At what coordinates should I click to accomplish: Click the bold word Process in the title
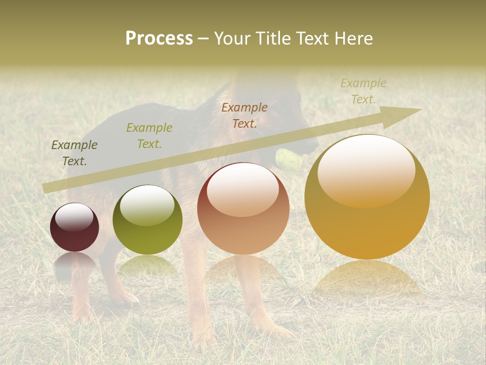tap(159, 38)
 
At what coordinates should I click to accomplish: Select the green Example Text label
tap(149, 136)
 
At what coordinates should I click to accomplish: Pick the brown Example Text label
tap(245, 115)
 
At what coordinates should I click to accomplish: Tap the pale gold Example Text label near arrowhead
tap(363, 91)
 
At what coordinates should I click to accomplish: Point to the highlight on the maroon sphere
tap(74, 217)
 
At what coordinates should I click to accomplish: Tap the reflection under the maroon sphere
tap(74, 264)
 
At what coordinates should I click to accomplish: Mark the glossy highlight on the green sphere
tap(147, 205)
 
